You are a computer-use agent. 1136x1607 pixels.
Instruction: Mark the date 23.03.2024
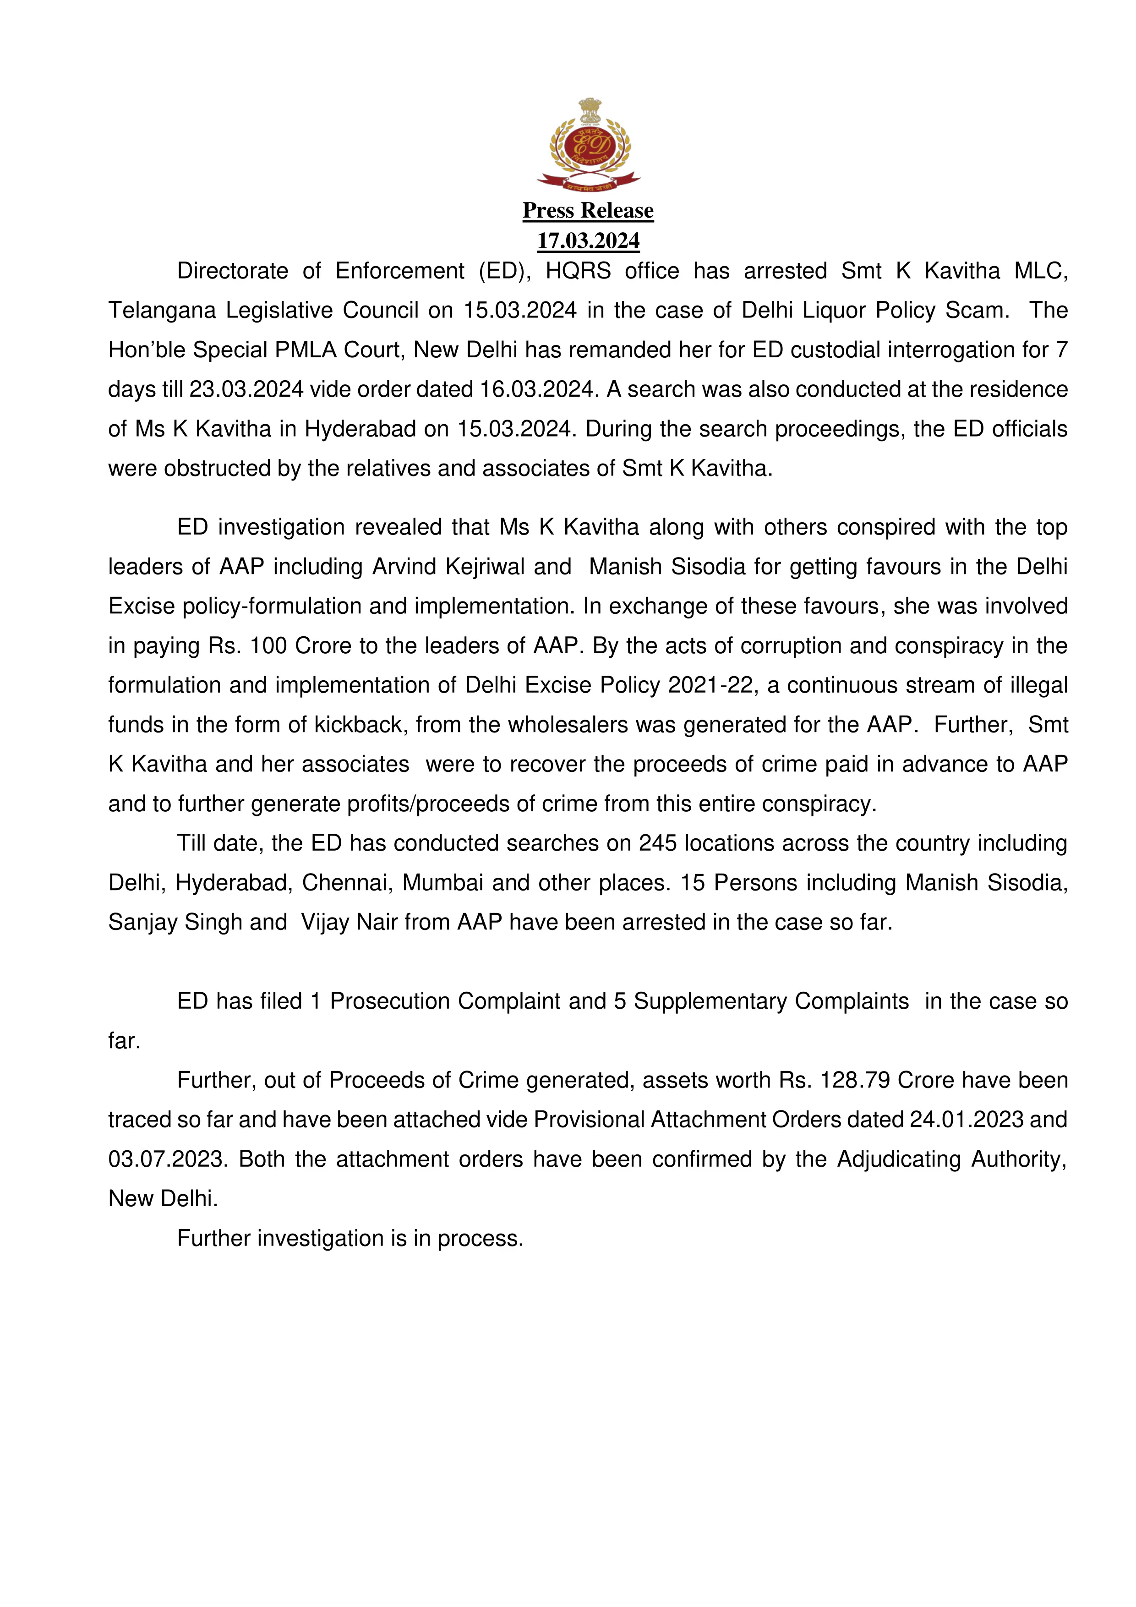pos(246,389)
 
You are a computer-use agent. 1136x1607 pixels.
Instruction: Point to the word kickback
pos(360,724)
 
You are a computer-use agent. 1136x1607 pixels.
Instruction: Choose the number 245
pos(657,843)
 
